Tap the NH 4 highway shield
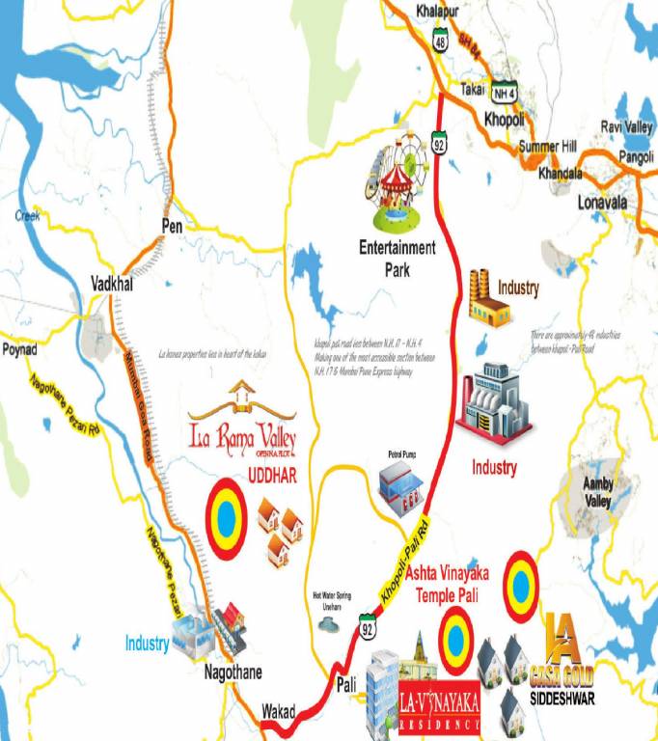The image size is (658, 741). [x=504, y=94]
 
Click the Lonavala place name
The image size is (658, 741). [x=601, y=203]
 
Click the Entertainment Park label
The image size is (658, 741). [x=398, y=257]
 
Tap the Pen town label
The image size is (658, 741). [x=171, y=225]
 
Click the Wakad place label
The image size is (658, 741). [x=282, y=710]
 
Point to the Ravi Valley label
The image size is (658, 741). [x=626, y=127]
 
